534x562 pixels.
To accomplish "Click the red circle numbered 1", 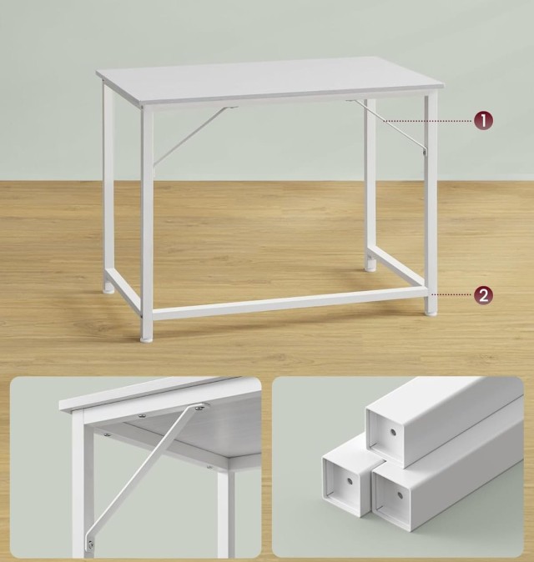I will (483, 121).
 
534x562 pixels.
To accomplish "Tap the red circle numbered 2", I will (483, 294).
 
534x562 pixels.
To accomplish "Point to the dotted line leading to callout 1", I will (446, 121).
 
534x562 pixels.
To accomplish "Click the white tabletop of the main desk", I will (267, 79).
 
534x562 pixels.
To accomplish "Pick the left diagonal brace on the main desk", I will (190, 135).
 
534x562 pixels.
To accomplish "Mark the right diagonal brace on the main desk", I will (391, 126).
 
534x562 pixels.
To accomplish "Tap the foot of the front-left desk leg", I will (147, 337).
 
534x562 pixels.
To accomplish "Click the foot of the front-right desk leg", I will (431, 310).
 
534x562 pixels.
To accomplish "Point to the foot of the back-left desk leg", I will (108, 288).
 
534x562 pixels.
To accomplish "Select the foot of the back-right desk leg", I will (370, 267).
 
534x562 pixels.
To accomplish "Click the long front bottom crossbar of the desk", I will (288, 303).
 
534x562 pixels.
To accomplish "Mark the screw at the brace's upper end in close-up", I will (199, 409).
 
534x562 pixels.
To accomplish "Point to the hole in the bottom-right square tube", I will (398, 494).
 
